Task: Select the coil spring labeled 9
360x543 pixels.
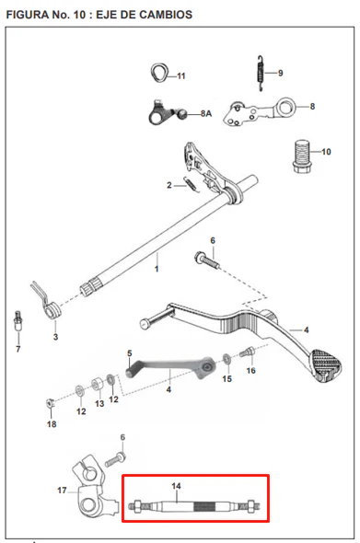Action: tap(261, 73)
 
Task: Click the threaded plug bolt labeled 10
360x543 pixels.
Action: tap(302, 156)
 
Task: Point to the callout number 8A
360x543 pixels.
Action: tap(206, 113)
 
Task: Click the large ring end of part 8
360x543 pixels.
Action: tap(285, 107)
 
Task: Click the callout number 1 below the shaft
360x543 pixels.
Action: tap(157, 269)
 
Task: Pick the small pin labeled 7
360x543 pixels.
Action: tap(17, 321)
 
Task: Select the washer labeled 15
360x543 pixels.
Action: tap(226, 359)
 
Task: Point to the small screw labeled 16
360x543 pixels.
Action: tap(247, 352)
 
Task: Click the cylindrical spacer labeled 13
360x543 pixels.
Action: tap(98, 384)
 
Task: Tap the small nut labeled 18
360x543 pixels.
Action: tap(51, 403)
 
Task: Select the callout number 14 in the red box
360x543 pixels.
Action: tap(177, 486)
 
